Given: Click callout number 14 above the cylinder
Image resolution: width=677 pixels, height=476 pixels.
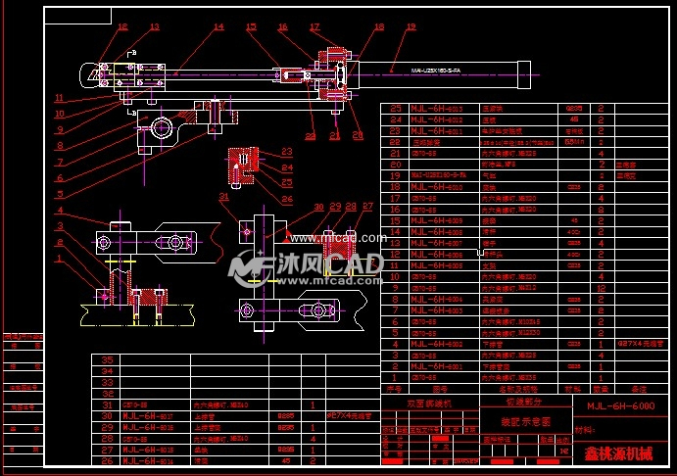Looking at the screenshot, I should click(x=218, y=27).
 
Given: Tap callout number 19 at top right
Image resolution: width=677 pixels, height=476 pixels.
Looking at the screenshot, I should click(x=411, y=27).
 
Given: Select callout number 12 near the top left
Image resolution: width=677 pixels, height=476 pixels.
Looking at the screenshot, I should click(x=122, y=27).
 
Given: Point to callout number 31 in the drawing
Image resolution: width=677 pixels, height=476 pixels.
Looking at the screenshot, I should click(x=223, y=197).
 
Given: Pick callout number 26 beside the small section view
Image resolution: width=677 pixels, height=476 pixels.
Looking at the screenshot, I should click(x=287, y=198).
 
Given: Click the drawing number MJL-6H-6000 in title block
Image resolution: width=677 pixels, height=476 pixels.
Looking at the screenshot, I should click(x=620, y=405).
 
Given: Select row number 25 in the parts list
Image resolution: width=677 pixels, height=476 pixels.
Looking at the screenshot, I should click(x=397, y=109).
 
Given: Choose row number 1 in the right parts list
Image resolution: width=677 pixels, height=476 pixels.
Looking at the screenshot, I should click(x=397, y=377).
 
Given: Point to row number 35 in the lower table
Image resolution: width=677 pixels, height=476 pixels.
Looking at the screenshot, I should click(x=108, y=360).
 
